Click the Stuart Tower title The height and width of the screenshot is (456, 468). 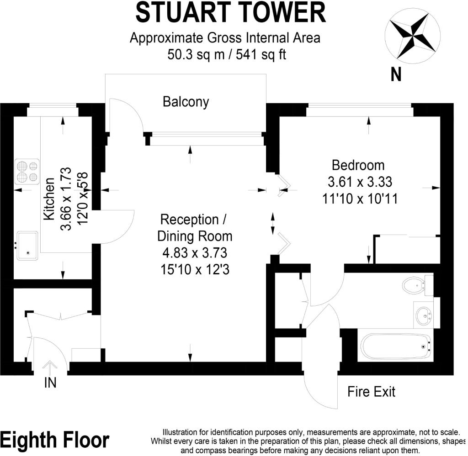pyautogui.click(x=230, y=12)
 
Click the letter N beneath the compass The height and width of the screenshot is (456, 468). pyautogui.click(x=396, y=74)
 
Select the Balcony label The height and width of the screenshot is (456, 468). pyautogui.click(x=186, y=102)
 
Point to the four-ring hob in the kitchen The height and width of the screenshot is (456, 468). pyautogui.click(x=27, y=170)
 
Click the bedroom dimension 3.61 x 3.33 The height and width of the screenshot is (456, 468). pyautogui.click(x=360, y=182)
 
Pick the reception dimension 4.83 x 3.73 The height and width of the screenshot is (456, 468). pyautogui.click(x=195, y=253)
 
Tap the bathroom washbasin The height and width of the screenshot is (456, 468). pyautogui.click(x=425, y=314)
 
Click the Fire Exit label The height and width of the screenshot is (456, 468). pyautogui.click(x=371, y=392)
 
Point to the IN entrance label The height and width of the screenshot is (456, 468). pyautogui.click(x=50, y=383)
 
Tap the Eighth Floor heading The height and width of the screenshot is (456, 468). pyautogui.click(x=55, y=440)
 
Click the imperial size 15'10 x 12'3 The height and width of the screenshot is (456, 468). pyautogui.click(x=195, y=270)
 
